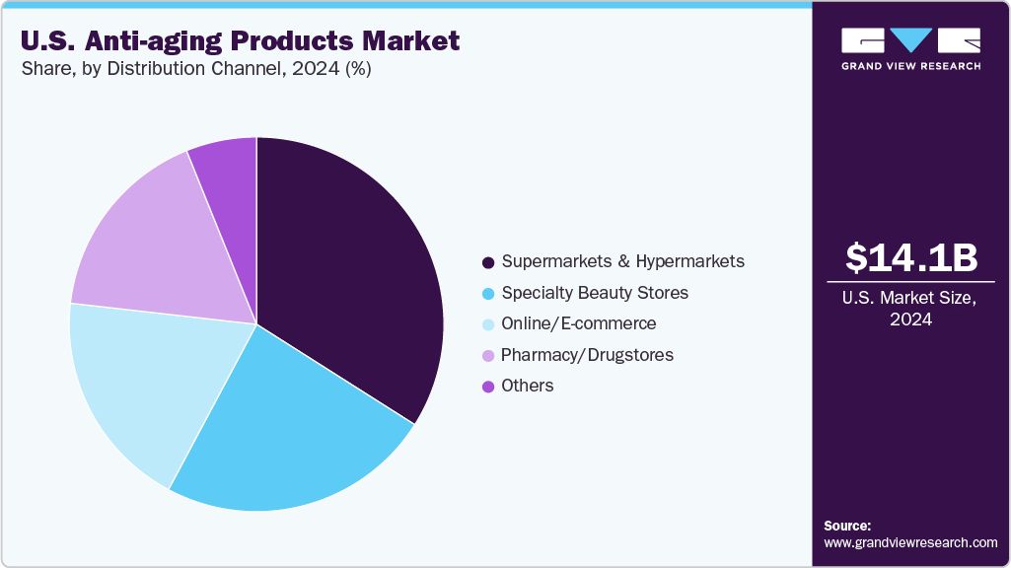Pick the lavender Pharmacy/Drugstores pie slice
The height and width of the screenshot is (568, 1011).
pyautogui.click(x=158, y=247)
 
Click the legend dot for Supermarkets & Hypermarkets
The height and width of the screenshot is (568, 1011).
pyautogui.click(x=487, y=262)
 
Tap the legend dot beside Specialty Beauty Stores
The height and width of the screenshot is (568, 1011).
pyautogui.click(x=487, y=294)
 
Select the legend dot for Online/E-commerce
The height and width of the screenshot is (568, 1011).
pyautogui.click(x=487, y=324)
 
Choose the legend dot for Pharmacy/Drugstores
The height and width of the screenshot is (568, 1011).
pyautogui.click(x=487, y=355)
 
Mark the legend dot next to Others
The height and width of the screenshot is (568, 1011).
pyautogui.click(x=487, y=387)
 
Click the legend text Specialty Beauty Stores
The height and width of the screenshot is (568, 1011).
pyautogui.click(x=595, y=293)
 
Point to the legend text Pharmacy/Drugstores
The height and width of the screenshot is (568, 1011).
pyautogui.click(x=587, y=355)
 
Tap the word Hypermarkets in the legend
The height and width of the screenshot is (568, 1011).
pyautogui.click(x=689, y=261)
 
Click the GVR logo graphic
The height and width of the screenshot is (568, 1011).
pyautogui.click(x=910, y=40)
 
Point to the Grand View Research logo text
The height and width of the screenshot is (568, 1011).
pyautogui.click(x=910, y=66)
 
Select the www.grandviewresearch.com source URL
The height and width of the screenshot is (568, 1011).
pyautogui.click(x=910, y=543)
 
